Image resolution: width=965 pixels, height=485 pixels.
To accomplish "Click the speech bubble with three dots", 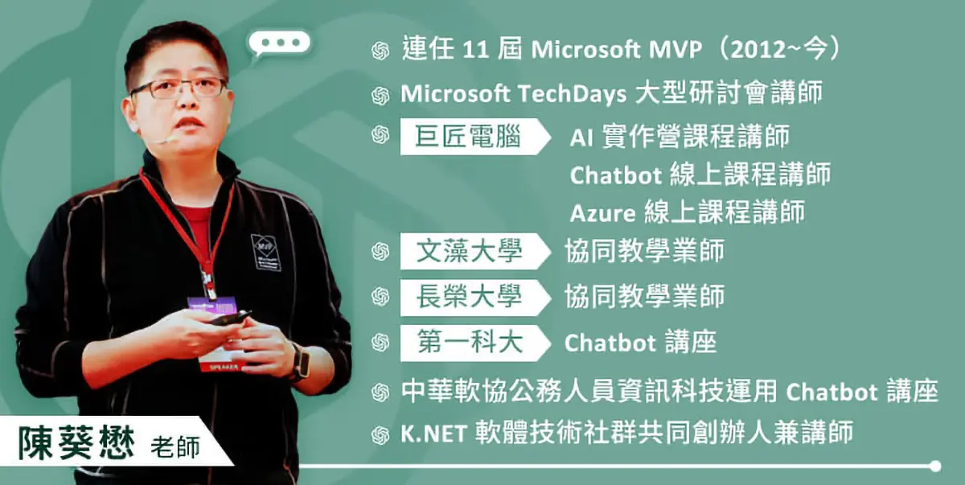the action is tap(279, 43).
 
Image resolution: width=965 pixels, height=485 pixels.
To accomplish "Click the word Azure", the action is tap(602, 213).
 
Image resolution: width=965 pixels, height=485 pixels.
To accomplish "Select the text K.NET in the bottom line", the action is tap(433, 434).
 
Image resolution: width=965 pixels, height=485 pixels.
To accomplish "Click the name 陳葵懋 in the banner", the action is tap(76, 443).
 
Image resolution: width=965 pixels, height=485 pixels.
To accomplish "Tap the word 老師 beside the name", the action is tap(175, 447).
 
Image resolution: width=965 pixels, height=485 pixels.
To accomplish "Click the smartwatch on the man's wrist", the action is tap(301, 361).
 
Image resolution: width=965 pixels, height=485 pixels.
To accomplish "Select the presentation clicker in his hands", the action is tap(231, 318).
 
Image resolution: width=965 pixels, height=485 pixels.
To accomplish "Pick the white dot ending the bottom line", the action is tap(935, 466).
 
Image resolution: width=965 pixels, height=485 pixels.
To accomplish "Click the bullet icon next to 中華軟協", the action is tap(380, 393).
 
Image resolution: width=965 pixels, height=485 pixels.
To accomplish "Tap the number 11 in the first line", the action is tap(475, 50).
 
